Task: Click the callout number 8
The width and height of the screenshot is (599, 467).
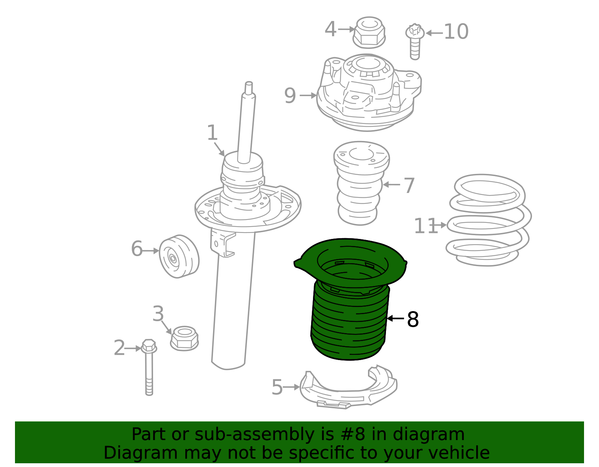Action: pos(413,320)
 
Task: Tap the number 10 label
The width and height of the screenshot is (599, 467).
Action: pos(456,32)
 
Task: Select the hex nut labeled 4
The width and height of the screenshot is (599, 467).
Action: pos(369,33)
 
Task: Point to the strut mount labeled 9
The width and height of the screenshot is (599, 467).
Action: pos(369,93)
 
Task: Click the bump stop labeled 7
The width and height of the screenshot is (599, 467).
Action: pos(361,183)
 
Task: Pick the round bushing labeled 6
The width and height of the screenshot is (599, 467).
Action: pos(179,256)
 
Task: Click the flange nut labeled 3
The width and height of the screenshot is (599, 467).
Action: pos(184,338)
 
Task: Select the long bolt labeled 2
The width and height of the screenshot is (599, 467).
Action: pos(149,366)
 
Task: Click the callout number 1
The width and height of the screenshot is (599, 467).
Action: pos(212,133)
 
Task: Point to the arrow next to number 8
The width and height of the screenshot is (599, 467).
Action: pos(395,319)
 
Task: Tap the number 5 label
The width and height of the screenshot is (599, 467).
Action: pos(277,387)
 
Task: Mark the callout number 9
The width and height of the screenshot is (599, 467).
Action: pos(290,96)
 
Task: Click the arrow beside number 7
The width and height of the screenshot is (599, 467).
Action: pos(391,184)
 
